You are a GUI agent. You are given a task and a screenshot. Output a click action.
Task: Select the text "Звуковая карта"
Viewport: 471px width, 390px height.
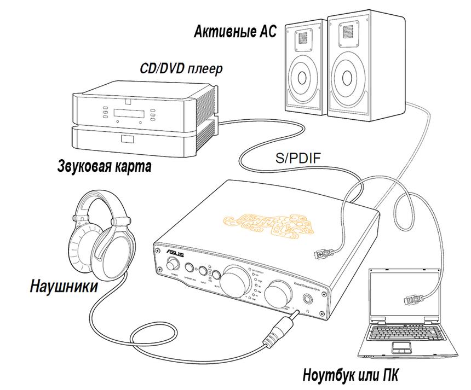click(x=104, y=166)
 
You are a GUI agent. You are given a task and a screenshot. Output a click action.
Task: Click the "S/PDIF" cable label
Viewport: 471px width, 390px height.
click(x=298, y=159)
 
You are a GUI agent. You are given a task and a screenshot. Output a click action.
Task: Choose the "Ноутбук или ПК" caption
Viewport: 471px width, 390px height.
click(x=351, y=376)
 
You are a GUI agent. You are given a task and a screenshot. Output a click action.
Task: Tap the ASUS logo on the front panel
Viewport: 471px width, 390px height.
click(x=177, y=252)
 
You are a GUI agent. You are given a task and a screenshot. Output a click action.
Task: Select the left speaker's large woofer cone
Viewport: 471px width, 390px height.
click(x=302, y=77)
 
